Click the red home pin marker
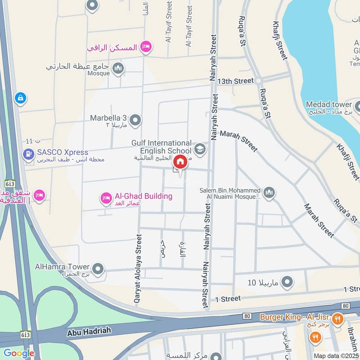point(180,162)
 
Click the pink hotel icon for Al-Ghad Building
point(106,197)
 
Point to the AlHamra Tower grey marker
point(98,270)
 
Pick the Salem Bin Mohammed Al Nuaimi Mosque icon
point(269,193)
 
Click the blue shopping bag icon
point(20,97)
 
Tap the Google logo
point(19,353)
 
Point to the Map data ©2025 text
point(336,355)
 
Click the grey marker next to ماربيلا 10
point(287,283)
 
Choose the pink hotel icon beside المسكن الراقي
point(145,46)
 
